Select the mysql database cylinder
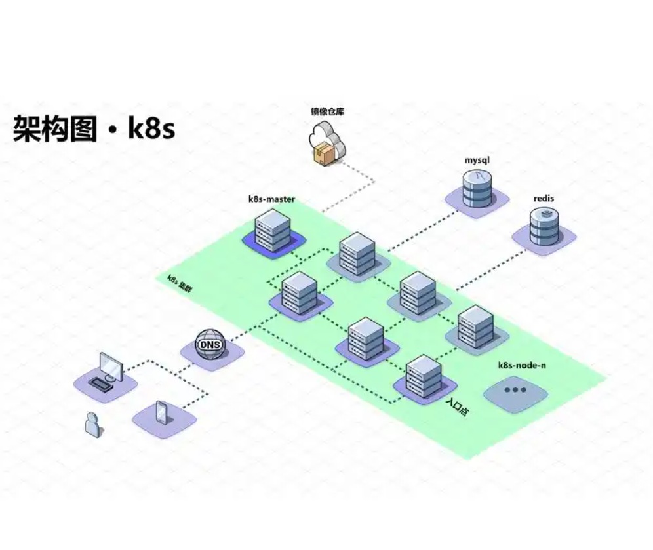tap(477, 187)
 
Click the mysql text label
tap(477, 160)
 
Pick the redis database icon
tap(544, 226)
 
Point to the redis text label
tap(544, 198)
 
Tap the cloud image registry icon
tap(326, 140)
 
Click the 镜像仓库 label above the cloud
tap(327, 111)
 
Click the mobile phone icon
tap(162, 412)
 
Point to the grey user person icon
tap(93, 424)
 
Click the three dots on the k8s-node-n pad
tap(515, 390)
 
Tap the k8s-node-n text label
tap(522, 365)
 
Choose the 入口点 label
tap(456, 410)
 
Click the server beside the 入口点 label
tap(423, 377)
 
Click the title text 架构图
tap(54, 128)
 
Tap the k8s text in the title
tap(151, 128)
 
